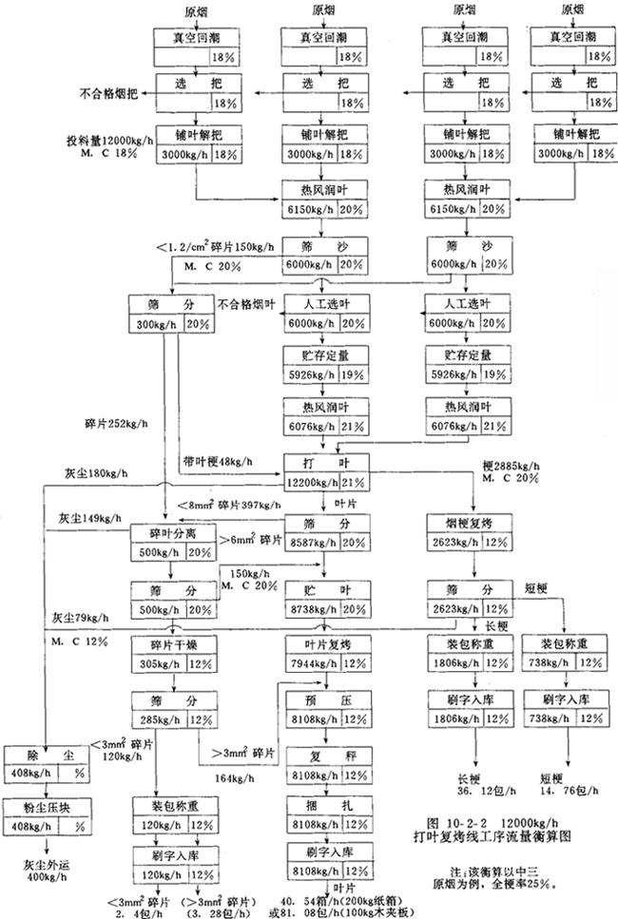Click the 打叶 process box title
324,462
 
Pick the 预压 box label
324,699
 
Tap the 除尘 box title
38,753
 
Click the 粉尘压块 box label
38,808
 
